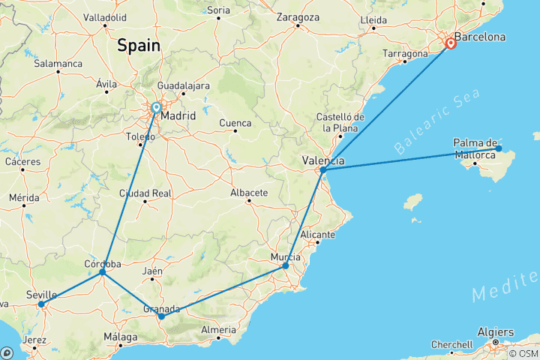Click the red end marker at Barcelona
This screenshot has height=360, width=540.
coord(451,43)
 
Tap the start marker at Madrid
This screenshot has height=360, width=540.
coord(156,108)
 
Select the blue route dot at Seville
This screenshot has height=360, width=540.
coord(41,304)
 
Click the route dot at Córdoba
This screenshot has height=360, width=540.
coord(103,272)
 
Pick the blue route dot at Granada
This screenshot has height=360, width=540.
coord(161,316)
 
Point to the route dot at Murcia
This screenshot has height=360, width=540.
coord(286,266)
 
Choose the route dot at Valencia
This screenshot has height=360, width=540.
coord(322,170)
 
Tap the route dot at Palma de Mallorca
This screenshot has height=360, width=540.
coord(499,148)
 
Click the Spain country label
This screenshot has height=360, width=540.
coord(138,45)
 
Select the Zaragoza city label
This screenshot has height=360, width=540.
coord(298,16)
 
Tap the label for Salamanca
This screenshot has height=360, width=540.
coord(58,64)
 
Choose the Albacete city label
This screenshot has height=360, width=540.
coord(249,193)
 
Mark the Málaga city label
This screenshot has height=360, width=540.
coord(120,337)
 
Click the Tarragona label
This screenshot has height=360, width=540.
coord(405,54)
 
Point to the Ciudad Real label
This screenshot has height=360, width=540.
coord(145,193)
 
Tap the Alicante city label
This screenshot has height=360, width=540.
coord(317,235)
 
